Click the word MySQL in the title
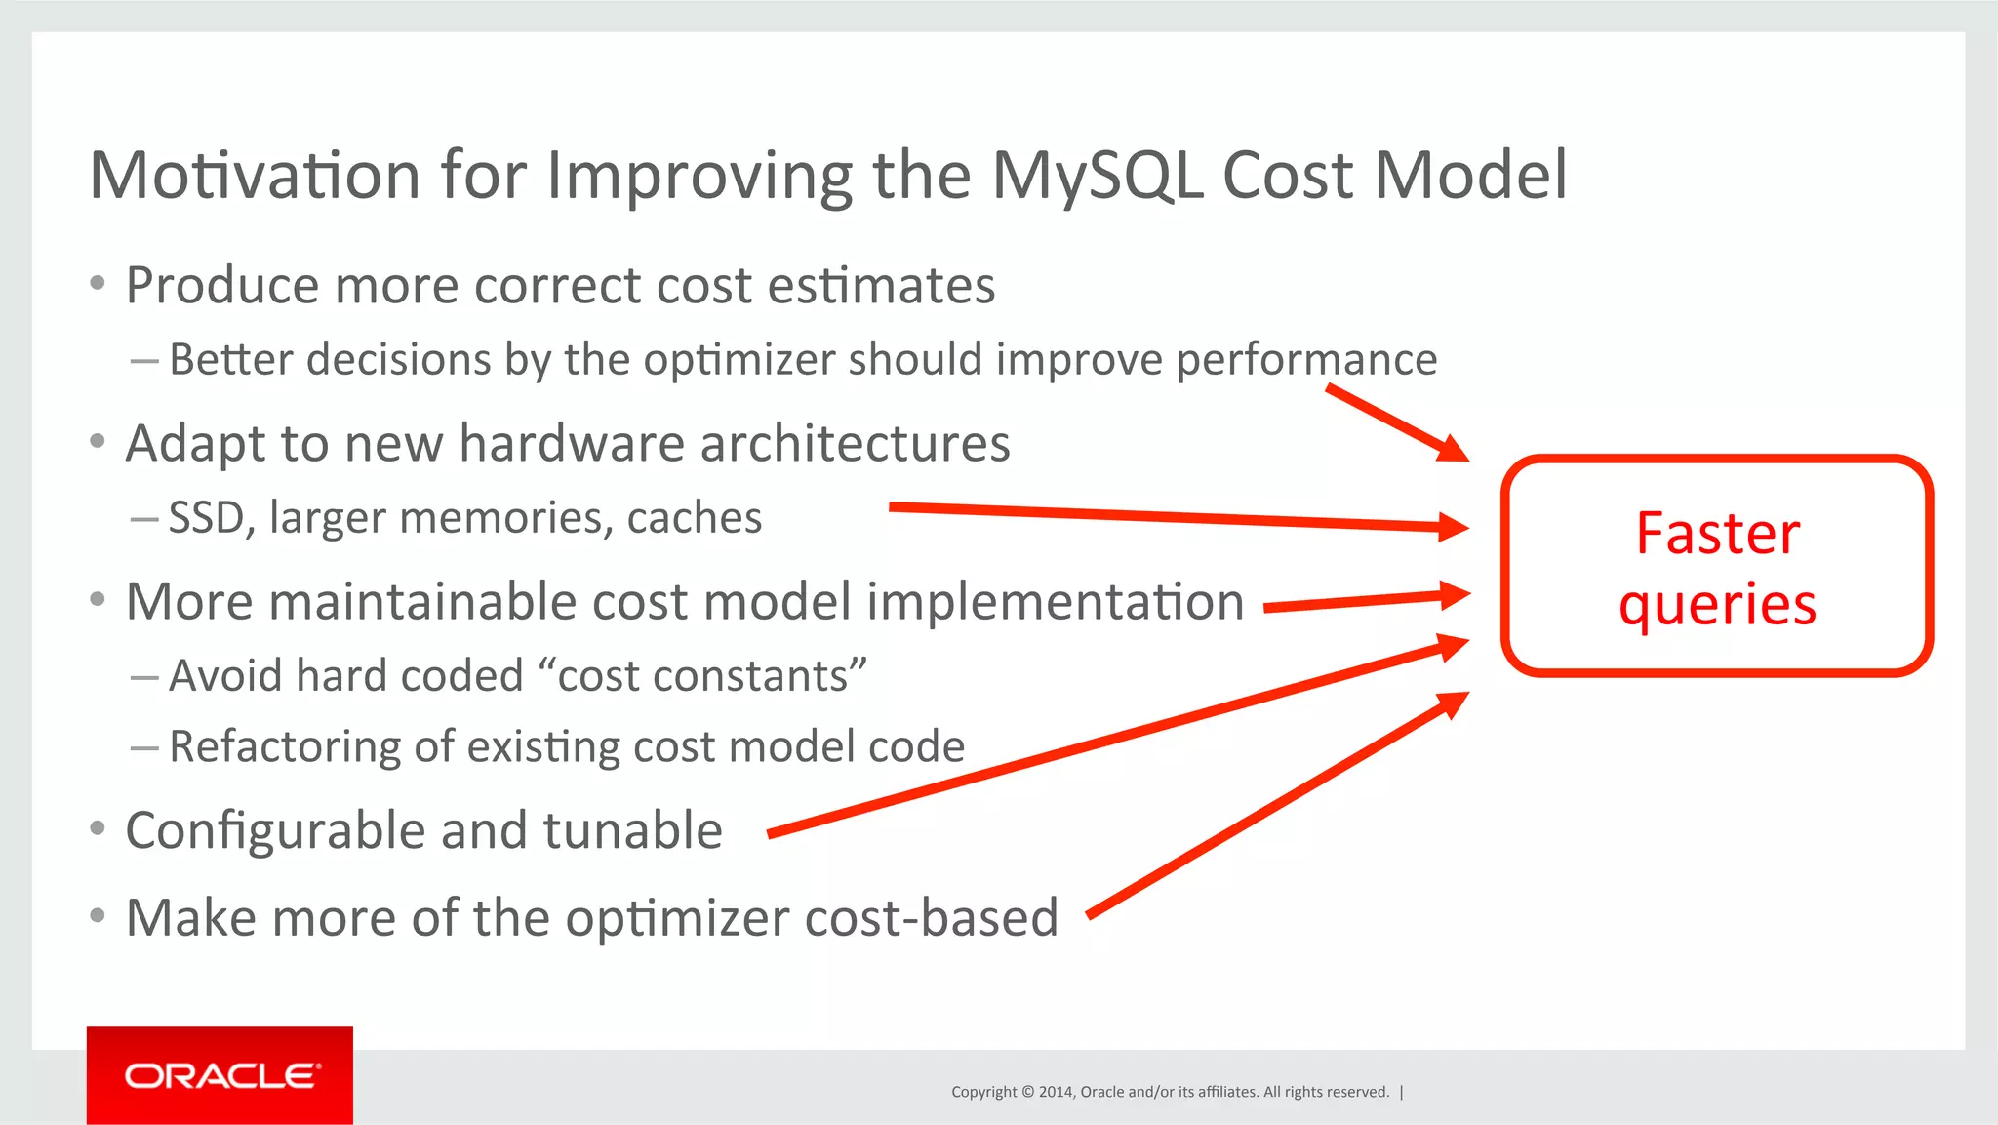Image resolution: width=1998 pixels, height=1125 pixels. (x=1097, y=177)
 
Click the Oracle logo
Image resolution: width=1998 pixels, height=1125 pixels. (x=220, y=1075)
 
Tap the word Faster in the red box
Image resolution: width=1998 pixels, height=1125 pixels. (x=1717, y=534)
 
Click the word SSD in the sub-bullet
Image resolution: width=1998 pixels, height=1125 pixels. (x=206, y=517)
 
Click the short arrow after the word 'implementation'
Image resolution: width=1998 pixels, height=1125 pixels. (x=1366, y=600)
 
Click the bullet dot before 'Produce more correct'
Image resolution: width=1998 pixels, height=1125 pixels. (x=97, y=284)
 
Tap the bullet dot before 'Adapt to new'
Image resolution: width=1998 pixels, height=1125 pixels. (x=97, y=442)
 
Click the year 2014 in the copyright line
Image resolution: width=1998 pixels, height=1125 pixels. (x=1055, y=1092)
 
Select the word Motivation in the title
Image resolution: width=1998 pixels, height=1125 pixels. (x=255, y=177)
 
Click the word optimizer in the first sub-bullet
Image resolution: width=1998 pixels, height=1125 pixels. (x=740, y=360)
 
